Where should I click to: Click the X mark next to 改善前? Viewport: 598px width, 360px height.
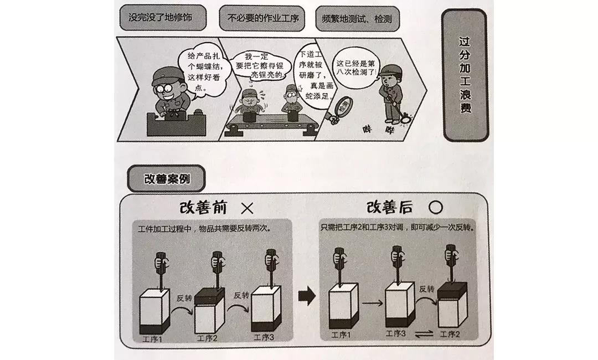coord(247,208)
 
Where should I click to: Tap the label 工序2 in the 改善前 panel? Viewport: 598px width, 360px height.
coord(207,337)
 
